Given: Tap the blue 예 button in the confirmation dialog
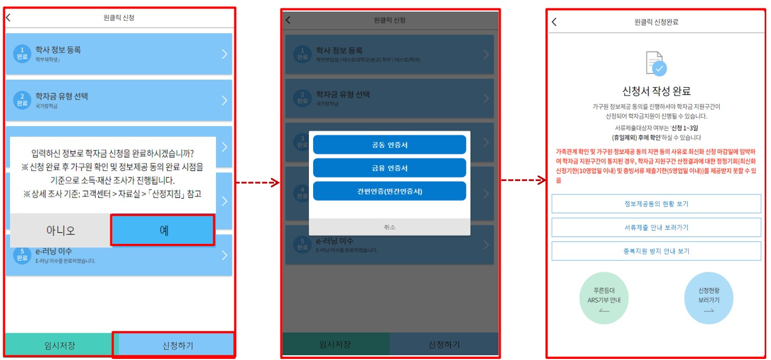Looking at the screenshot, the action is (163, 230).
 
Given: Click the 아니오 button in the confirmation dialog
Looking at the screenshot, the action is (60, 230).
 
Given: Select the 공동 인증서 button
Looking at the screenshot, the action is (389, 145).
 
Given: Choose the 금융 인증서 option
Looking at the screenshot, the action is (389, 168).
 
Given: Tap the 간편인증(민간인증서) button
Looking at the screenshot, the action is (389, 191).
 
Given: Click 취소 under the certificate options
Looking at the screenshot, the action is (389, 227).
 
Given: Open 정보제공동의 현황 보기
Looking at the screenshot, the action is (656, 204).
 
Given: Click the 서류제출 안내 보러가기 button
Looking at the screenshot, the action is (656, 228).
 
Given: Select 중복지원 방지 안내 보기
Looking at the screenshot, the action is (656, 251).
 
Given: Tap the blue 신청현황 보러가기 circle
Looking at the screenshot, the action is (709, 299).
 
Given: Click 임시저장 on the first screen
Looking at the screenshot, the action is (59, 346).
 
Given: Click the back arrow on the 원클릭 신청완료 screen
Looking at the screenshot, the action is (554, 22).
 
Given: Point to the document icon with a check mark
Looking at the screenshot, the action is (656, 63).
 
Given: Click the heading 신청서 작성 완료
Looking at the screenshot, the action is (656, 91).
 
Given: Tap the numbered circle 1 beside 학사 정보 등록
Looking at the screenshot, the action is (22, 53).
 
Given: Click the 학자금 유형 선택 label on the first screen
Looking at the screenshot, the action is (62, 96).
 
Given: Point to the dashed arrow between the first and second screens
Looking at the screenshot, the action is (258, 183).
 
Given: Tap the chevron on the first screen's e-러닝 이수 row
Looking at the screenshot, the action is (224, 255).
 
